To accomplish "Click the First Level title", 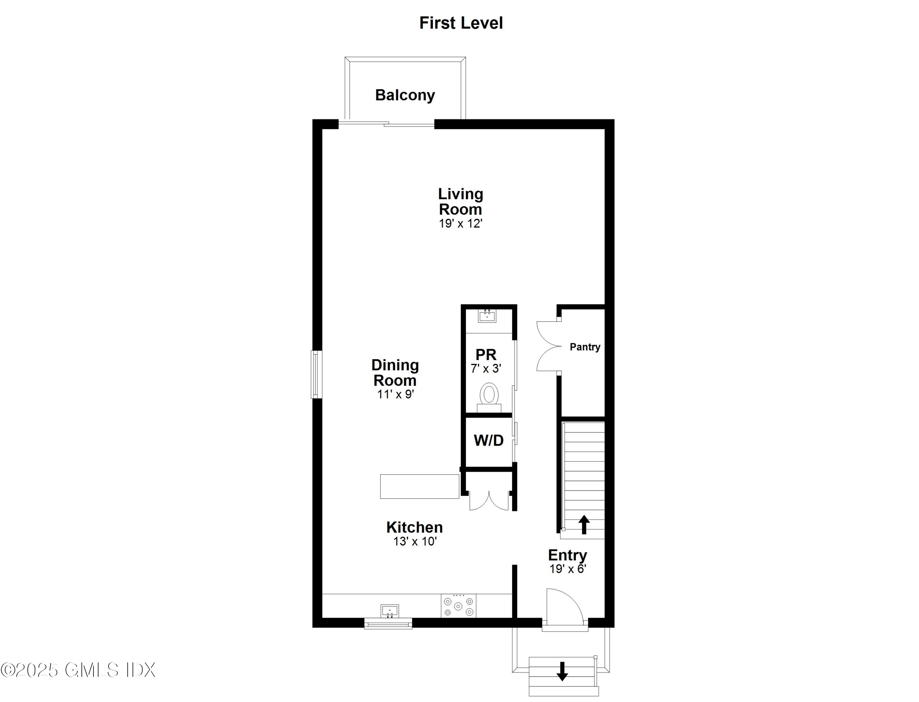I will [461, 23].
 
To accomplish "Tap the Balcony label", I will [405, 95].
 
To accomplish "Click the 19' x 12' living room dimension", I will [460, 224].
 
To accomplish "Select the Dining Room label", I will [395, 372].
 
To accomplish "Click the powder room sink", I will [487, 316].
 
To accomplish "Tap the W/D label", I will [488, 440].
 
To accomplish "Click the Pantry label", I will [584, 347].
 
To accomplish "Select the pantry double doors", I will [548, 346].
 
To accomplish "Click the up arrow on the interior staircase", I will [584, 524].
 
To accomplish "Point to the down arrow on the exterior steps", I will [562, 671].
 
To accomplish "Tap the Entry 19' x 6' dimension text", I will [568, 569].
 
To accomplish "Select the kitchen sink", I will [389, 611].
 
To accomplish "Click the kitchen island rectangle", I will [419, 486].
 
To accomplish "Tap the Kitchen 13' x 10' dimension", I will [414, 541].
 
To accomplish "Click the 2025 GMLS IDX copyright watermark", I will [78, 670].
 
